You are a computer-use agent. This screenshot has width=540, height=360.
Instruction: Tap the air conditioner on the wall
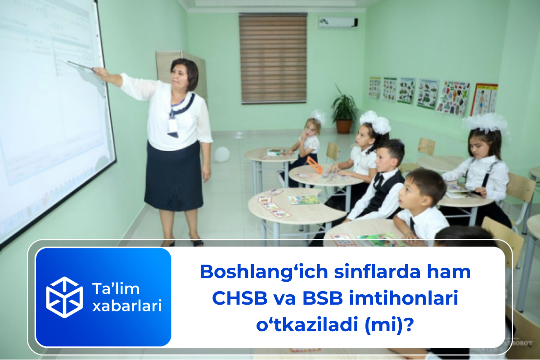tap(338, 22)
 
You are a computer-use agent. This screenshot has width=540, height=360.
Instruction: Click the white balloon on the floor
tap(222, 154)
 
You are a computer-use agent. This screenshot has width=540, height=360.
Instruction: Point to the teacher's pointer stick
tap(80, 66)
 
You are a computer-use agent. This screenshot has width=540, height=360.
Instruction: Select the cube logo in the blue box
tap(64, 297)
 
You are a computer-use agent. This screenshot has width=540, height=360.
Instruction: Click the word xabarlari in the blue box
tap(126, 306)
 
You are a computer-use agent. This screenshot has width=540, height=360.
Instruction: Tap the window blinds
tap(273, 58)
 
